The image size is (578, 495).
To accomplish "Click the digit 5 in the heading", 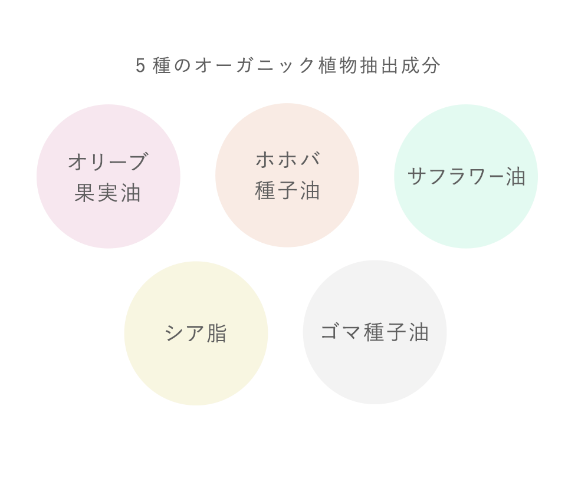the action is tap(140, 65).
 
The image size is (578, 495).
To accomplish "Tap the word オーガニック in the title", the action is tap(255, 65).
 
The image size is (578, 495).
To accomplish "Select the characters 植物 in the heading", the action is tap(337, 65).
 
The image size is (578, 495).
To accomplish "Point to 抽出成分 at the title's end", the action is tap(400, 65).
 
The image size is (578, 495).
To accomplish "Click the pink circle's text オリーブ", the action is tap(108, 161).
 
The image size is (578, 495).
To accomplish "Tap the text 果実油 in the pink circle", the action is tap(107, 193).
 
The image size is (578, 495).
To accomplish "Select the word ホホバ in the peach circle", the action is tap(288, 160).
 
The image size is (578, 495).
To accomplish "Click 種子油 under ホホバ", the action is tap(287, 190).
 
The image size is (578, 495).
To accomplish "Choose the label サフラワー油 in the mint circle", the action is tap(467, 176).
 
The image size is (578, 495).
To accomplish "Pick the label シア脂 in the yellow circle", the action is tap(196, 334).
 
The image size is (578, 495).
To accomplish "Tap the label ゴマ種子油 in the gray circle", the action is tap(375, 332).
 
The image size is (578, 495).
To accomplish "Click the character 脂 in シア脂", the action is tap(217, 334).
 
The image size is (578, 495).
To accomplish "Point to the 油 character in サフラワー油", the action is tap(515, 176).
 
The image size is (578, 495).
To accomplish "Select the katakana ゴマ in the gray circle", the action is tap(340, 331).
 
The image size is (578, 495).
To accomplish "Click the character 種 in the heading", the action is tap(162, 65).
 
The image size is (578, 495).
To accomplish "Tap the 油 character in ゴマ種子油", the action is tap(419, 332).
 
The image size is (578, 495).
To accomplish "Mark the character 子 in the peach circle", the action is tap(288, 190).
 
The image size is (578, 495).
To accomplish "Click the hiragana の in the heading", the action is tap(182, 66).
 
